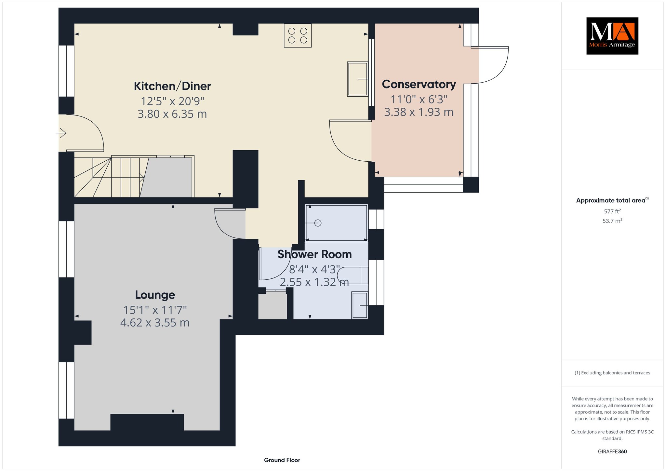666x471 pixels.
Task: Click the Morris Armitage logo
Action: pos(612,36)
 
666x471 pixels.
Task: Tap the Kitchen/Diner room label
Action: pos(172,86)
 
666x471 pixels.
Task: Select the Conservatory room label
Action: pos(419,84)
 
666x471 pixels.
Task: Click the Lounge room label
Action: pos(155,295)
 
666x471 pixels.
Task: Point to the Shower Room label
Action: pos(314,254)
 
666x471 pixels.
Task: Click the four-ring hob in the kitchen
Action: pos(298,35)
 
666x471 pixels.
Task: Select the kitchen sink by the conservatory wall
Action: pos(358,79)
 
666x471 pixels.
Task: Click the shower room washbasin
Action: pos(360,305)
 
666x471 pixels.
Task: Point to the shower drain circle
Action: pos(318,223)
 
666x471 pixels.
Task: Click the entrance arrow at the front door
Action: pos(61,133)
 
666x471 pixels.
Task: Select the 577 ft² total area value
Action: pos(612,211)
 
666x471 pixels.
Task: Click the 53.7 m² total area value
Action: pos(612,221)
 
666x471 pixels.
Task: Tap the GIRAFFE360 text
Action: pos(612,451)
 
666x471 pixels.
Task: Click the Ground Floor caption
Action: pos(282,460)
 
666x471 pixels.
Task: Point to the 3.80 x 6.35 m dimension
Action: pos(172,114)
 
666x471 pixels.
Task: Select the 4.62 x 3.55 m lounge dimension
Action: pos(155,323)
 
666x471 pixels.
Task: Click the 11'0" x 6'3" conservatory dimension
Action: pos(419,99)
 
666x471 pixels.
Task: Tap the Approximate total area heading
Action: pos(612,200)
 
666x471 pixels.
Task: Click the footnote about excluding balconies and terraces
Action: pos(612,373)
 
